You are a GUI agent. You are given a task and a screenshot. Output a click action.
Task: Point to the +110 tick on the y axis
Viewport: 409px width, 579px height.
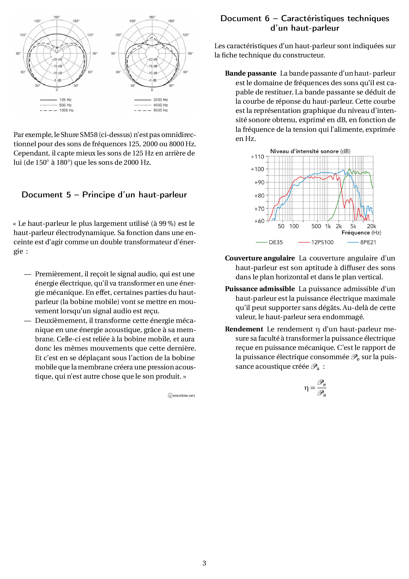click(257, 157)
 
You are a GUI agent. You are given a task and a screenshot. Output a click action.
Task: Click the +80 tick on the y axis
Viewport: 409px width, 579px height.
click(259, 196)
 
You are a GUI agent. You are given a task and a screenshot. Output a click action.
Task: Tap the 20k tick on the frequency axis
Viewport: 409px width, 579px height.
click(371, 226)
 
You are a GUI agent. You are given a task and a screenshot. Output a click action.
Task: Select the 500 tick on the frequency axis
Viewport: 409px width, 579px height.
click(316, 226)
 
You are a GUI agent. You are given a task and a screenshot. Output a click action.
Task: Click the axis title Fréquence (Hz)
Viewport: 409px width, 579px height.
click(361, 233)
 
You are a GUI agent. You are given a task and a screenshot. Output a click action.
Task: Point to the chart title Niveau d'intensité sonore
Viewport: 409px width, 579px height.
click(310, 151)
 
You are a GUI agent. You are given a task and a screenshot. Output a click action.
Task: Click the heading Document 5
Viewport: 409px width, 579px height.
click(104, 195)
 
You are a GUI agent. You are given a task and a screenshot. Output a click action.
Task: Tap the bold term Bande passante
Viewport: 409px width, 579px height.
click(251, 73)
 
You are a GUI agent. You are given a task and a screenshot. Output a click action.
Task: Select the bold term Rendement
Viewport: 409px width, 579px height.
click(244, 329)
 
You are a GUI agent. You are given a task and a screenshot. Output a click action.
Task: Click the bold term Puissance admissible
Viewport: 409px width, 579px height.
click(260, 289)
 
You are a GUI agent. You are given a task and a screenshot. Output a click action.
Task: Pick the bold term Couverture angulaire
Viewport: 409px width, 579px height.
click(260, 258)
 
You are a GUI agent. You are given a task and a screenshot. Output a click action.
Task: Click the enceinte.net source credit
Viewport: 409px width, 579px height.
click(181, 395)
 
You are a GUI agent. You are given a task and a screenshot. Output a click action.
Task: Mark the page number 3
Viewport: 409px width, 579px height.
click(204, 563)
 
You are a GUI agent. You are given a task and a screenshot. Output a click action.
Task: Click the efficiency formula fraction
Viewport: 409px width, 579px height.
click(321, 388)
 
